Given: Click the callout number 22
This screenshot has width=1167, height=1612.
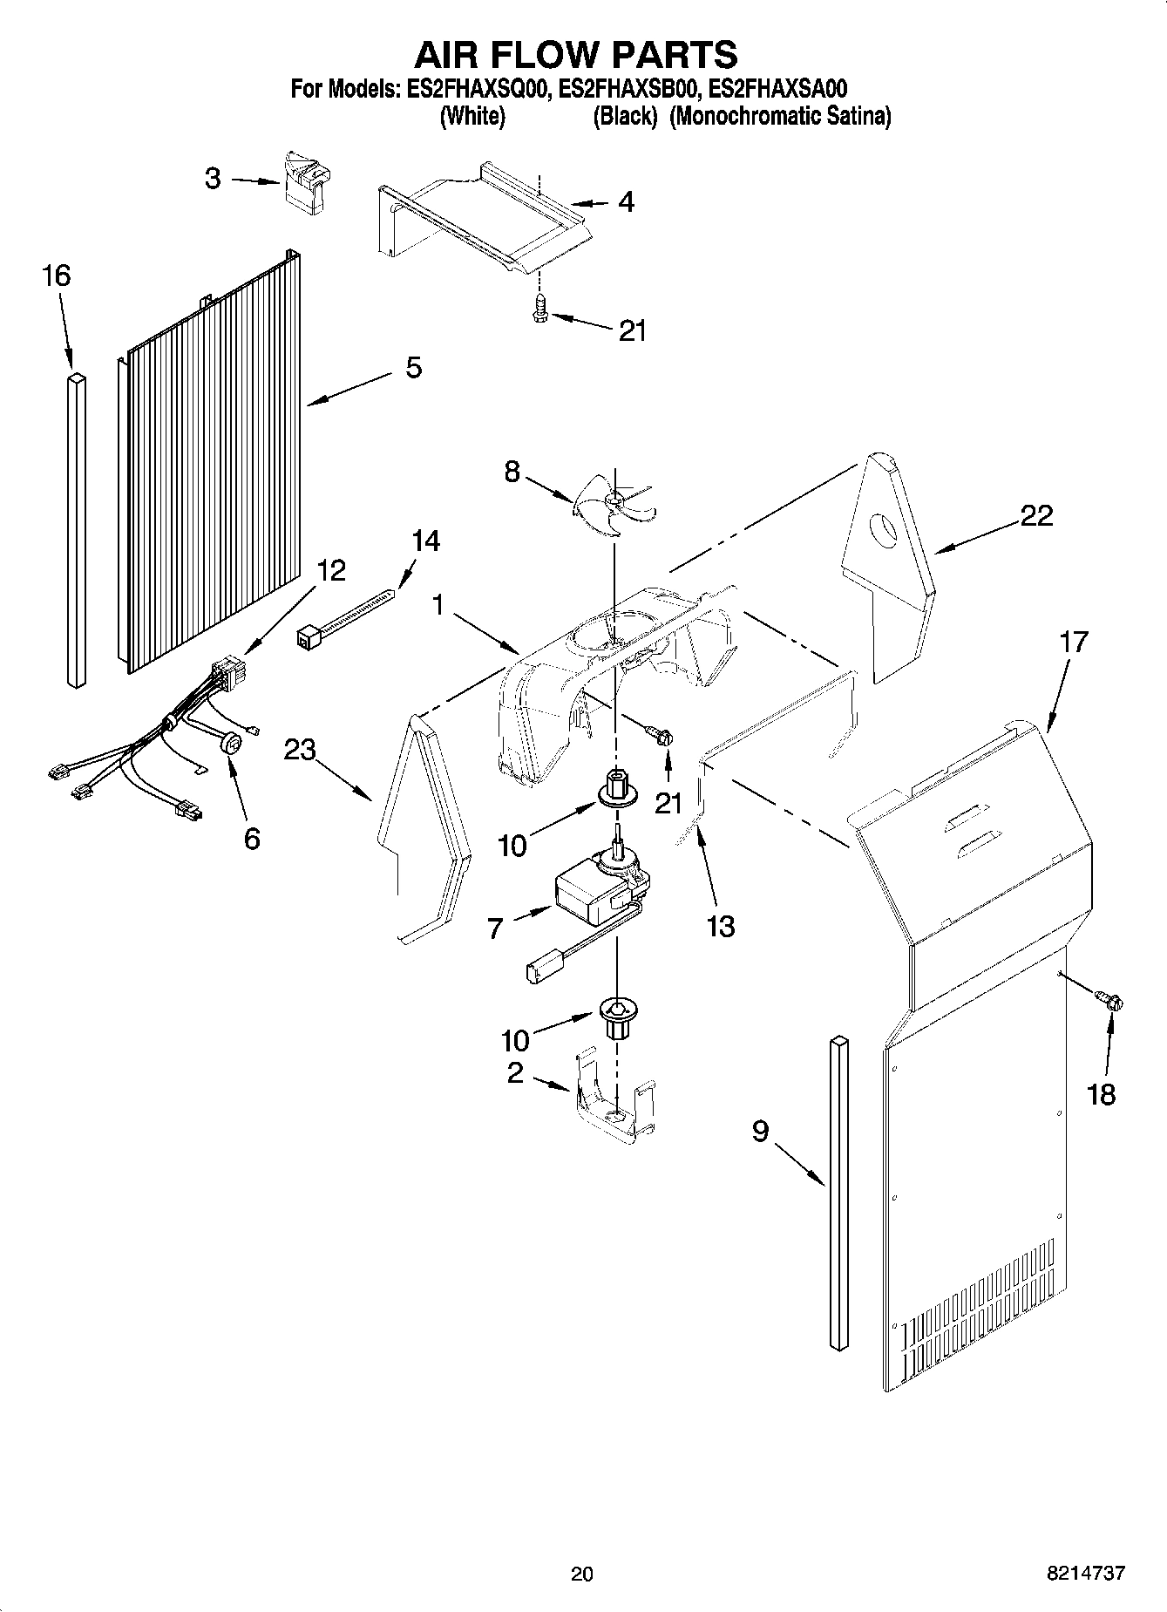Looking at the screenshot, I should coord(1036,515).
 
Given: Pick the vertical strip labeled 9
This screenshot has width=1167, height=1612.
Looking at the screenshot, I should coord(838,1194).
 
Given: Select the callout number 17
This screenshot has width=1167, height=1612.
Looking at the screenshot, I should coord(1073,643).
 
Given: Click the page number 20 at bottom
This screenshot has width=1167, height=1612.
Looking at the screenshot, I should coord(581,1575).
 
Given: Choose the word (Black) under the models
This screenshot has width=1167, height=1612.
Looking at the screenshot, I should coord(624,117).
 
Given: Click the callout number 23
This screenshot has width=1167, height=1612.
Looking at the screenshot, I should coord(300,751).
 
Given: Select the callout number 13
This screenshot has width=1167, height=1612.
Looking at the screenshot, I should coord(721,927).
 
